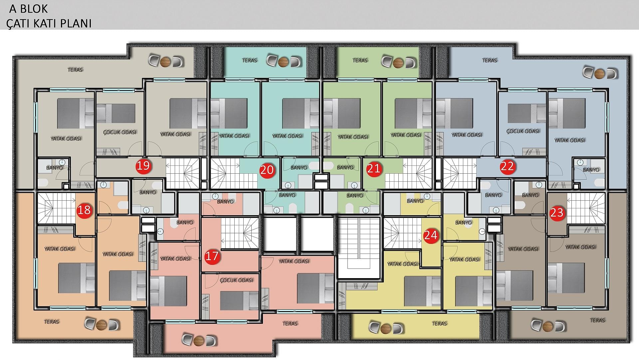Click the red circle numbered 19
[x=143, y=165]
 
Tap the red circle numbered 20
[x=267, y=170]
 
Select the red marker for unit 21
[x=373, y=169]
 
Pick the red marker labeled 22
[x=507, y=166]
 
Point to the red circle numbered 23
[x=556, y=213]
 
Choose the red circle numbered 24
[x=431, y=235]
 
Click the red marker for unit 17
[x=212, y=256]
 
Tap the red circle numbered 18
[x=85, y=210]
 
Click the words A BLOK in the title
[x=29, y=9]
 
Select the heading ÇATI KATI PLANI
[x=49, y=23]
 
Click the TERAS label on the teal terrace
[x=249, y=61]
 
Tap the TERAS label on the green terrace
[x=360, y=61]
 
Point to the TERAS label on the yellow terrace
[x=439, y=323]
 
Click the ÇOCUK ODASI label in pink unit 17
[x=236, y=280]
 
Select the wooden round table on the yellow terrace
[x=385, y=329]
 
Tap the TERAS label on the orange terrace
[x=51, y=322]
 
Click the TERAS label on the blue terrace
[x=489, y=61]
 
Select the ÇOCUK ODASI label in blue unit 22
[x=523, y=131]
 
